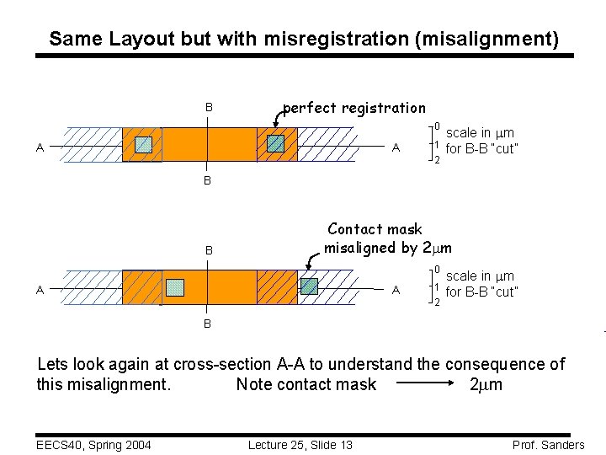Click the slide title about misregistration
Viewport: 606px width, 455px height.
(303, 39)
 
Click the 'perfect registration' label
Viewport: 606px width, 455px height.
(354, 108)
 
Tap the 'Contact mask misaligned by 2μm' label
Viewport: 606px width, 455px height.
(387, 238)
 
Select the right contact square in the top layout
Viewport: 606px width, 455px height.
(275, 144)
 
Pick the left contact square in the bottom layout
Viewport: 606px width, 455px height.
(174, 287)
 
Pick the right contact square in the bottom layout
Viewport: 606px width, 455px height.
(310, 286)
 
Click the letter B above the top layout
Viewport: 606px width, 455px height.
(209, 108)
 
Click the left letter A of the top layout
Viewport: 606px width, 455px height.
(40, 148)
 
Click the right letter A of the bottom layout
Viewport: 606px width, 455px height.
(396, 291)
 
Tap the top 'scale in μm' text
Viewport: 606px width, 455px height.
(480, 133)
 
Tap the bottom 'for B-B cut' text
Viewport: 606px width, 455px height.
(481, 292)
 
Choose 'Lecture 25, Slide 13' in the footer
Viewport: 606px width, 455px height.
(300, 445)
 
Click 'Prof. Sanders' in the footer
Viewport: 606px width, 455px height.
(547, 445)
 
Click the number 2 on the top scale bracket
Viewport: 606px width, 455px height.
(436, 161)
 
